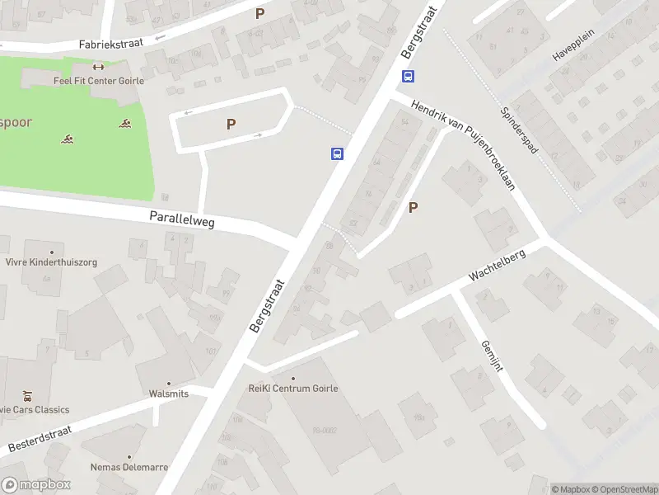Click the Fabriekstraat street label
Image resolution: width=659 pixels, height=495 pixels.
(111, 42)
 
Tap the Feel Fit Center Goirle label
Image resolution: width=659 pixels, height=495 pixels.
(99, 81)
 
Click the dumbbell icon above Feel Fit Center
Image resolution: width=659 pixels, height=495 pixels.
(99, 67)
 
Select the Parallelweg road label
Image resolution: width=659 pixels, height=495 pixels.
(182, 218)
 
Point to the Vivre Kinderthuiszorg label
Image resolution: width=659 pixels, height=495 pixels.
(51, 262)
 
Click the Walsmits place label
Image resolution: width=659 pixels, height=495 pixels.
(169, 394)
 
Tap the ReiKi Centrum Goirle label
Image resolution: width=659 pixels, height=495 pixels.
(293, 389)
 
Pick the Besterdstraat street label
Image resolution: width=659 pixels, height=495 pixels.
(40, 439)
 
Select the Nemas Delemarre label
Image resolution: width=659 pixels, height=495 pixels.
(129, 467)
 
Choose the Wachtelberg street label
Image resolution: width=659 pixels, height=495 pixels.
(498, 265)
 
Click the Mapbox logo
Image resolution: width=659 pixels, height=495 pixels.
(36, 485)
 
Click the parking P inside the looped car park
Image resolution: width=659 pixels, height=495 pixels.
(231, 124)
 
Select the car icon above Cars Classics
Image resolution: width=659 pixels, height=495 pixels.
(28, 395)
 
